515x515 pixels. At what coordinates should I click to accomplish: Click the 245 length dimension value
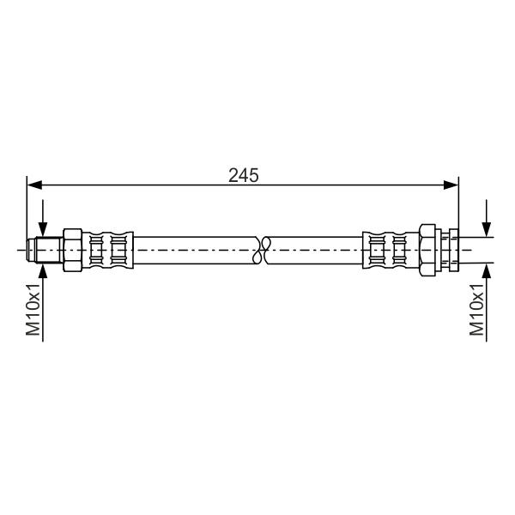tap(244, 175)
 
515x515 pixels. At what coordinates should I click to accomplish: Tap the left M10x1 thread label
tap(33, 310)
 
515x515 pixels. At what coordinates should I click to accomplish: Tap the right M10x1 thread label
tap(476, 310)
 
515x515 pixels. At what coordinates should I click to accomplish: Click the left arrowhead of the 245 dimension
tap(34, 185)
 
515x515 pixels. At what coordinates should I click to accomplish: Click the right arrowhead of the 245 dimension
tap(451, 185)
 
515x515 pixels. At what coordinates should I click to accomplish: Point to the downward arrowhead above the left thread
tap(43, 229)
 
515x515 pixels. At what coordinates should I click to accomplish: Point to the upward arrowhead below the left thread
tap(43, 271)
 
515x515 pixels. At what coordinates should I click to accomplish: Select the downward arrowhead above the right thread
tap(486, 229)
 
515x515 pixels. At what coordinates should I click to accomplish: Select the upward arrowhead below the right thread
tap(486, 271)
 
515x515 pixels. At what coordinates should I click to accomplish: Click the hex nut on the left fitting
tap(73, 250)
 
